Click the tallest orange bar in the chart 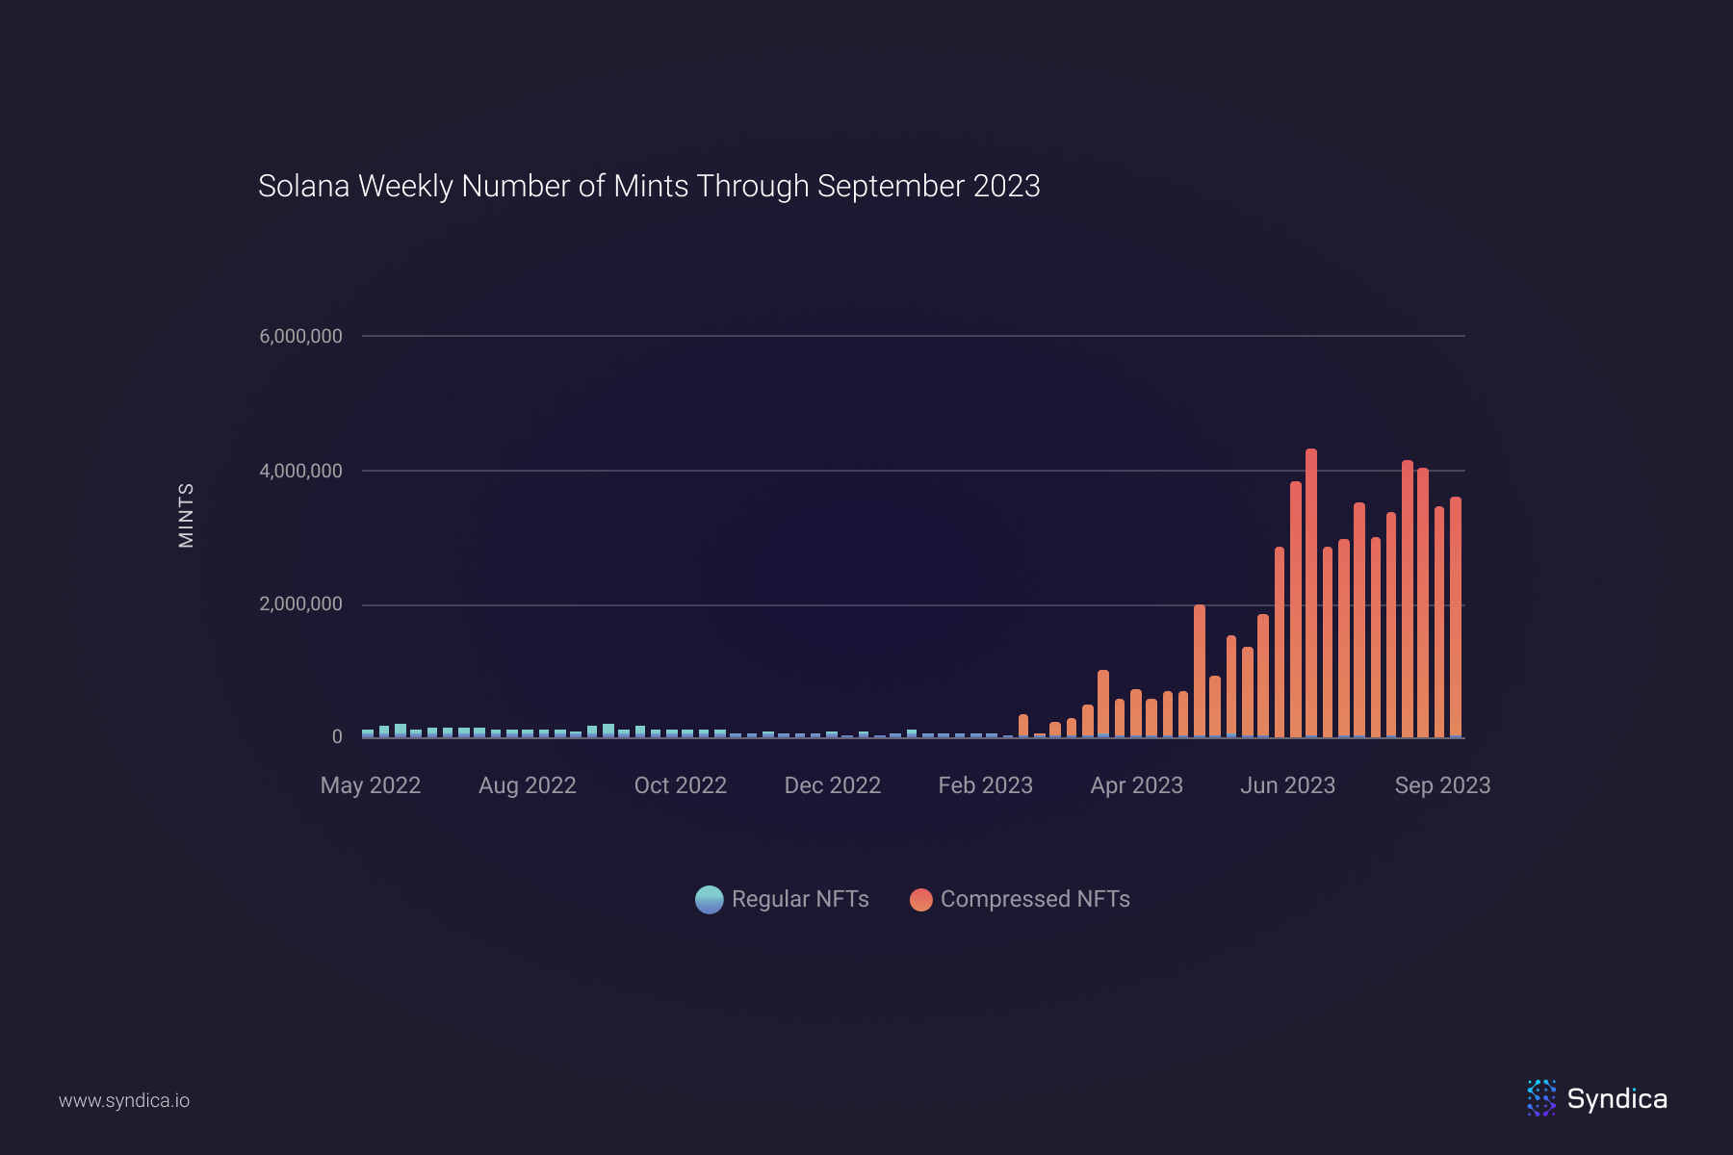point(1311,592)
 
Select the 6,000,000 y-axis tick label point(300,336)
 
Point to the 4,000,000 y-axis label point(300,471)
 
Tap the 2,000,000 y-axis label point(300,603)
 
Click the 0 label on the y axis point(337,736)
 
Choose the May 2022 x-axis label point(371,785)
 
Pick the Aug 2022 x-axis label point(528,785)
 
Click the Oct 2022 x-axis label point(681,785)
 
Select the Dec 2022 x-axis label point(833,785)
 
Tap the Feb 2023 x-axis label point(986,785)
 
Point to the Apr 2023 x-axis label point(1137,785)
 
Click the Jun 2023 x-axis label point(1288,785)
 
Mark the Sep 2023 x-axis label point(1442,785)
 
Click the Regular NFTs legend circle point(710,899)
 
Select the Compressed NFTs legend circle point(921,899)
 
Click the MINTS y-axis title point(187,515)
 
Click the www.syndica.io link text point(124,1100)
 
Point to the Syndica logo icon point(1541,1098)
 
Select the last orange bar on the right point(1456,616)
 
